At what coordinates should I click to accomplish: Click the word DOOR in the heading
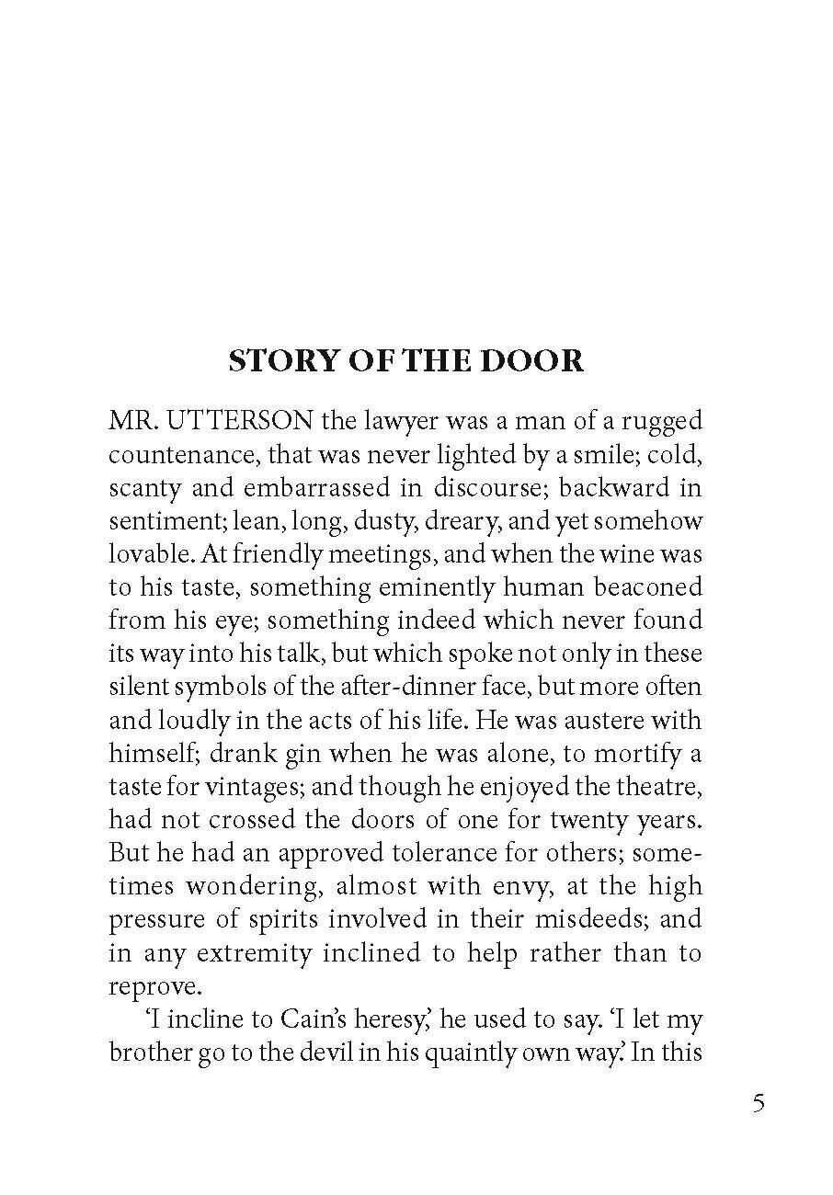pyautogui.click(x=538, y=361)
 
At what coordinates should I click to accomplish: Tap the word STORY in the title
pyautogui.click(x=277, y=361)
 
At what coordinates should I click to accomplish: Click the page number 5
pyautogui.click(x=759, y=1103)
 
